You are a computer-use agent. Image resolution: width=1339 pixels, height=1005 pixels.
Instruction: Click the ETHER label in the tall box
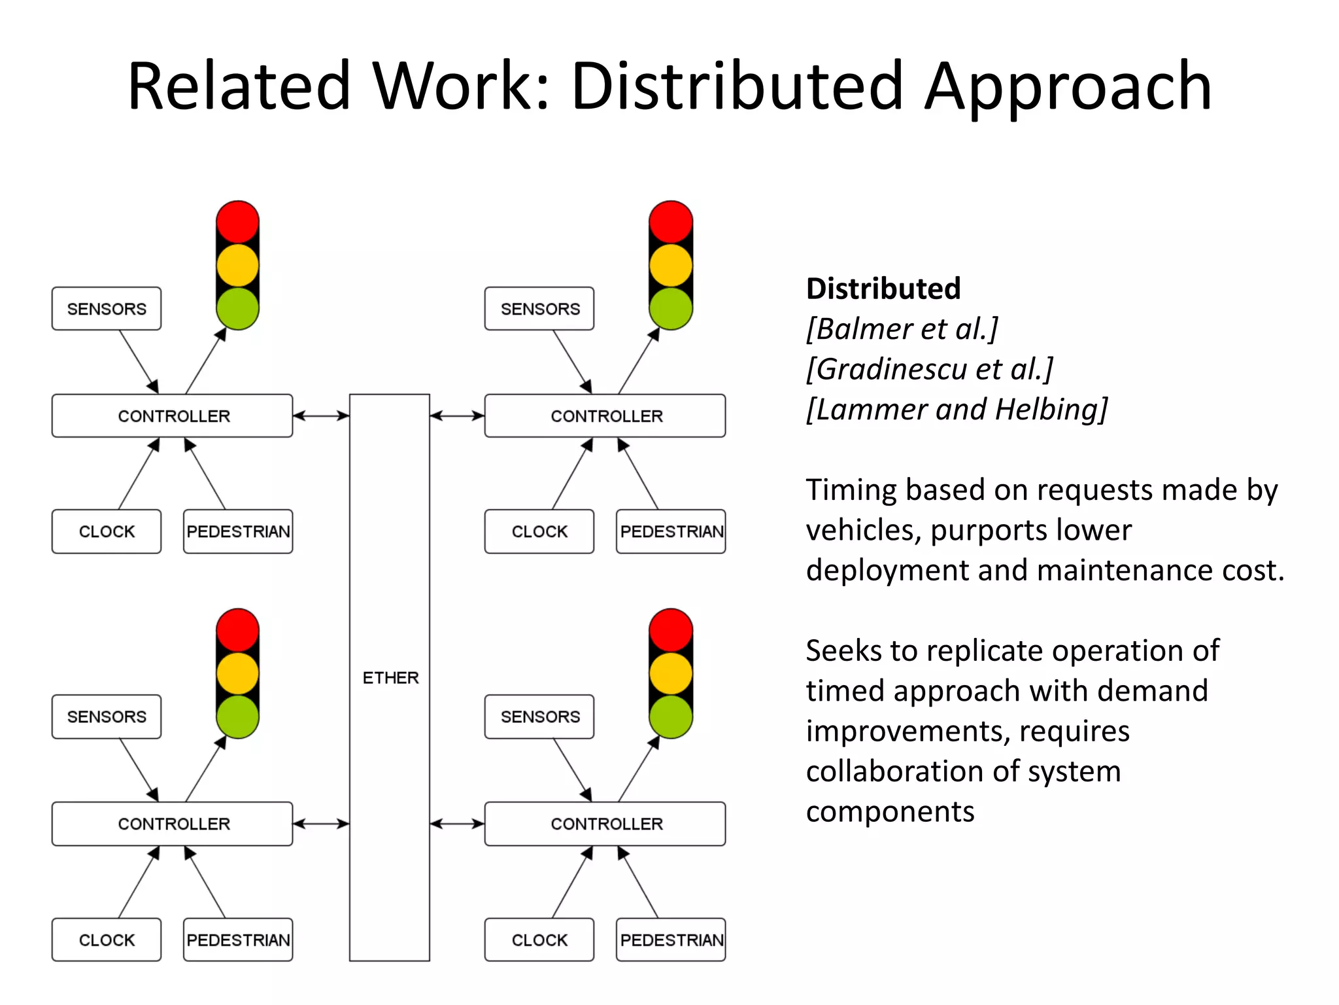(x=390, y=677)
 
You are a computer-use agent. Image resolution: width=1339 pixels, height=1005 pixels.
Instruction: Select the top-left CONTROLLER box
(x=173, y=415)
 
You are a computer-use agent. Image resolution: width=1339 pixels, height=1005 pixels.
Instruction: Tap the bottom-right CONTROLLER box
(x=605, y=824)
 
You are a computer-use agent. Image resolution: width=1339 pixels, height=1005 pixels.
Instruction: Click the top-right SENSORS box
(x=539, y=309)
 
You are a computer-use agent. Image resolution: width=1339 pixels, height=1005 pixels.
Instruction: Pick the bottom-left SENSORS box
(x=107, y=716)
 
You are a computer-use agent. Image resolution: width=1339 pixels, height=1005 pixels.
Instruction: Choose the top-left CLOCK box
(x=107, y=531)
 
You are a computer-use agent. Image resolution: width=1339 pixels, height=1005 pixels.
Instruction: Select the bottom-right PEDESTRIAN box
(x=671, y=940)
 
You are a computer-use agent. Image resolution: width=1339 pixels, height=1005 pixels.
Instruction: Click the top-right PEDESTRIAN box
(x=671, y=531)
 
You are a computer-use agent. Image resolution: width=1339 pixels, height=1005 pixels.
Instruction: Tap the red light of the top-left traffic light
(x=237, y=222)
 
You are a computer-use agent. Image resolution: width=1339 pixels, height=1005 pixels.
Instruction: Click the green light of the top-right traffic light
(x=671, y=308)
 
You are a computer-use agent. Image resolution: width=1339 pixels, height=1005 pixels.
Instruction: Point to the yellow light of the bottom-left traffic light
(x=237, y=673)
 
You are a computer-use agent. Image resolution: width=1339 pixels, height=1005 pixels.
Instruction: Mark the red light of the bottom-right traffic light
(x=671, y=629)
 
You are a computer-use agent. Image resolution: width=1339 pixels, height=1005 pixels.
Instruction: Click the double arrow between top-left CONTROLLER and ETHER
(x=321, y=415)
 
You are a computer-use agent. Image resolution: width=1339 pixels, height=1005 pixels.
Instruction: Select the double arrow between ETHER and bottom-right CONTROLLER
(x=457, y=824)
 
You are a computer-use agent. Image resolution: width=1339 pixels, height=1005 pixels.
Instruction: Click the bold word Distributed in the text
(x=883, y=289)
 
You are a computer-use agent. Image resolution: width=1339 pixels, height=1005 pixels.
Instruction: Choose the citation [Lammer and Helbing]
(x=957, y=410)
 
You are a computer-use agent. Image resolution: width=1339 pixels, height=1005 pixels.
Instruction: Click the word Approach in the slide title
(x=1068, y=86)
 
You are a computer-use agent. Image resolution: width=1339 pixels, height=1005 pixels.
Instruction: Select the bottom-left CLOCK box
(x=107, y=940)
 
